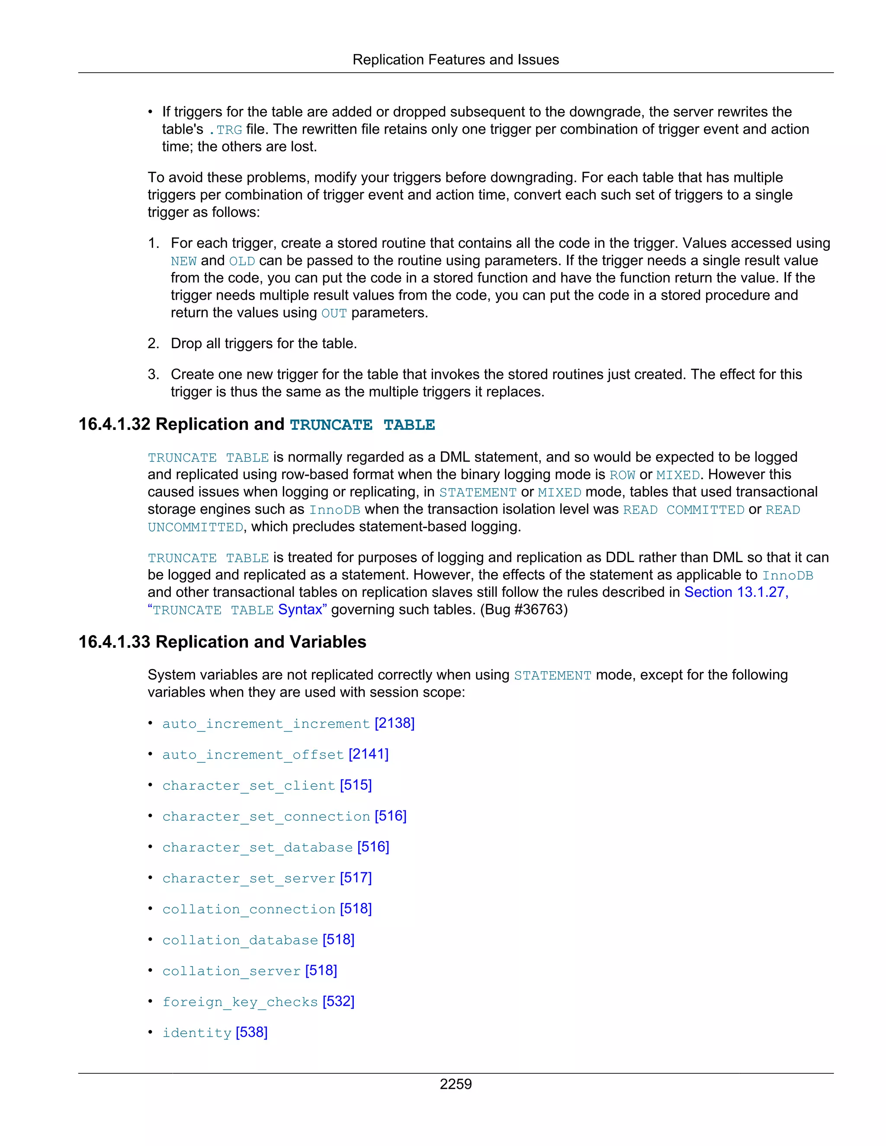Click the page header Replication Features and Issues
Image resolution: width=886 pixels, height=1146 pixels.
[455, 60]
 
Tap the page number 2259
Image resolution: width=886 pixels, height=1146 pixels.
[455, 1084]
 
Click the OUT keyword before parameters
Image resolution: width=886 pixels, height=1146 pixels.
[334, 313]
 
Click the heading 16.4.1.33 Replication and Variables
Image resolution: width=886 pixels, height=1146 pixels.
[222, 642]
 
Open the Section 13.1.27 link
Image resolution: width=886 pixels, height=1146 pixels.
[735, 592]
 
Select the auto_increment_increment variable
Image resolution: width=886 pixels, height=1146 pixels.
[266, 723]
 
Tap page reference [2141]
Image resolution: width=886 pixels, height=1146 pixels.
[369, 754]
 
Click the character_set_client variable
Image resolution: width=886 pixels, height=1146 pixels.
[248, 785]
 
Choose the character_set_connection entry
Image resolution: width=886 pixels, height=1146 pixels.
[266, 816]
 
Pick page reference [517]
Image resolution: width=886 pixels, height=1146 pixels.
[356, 878]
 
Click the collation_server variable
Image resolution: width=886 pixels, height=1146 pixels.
[231, 971]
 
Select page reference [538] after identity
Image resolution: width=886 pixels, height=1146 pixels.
[251, 1032]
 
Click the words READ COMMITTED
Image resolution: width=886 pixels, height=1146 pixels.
[684, 509]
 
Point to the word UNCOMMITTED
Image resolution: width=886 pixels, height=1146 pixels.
[195, 527]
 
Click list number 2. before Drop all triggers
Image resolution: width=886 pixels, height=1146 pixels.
[153, 344]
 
